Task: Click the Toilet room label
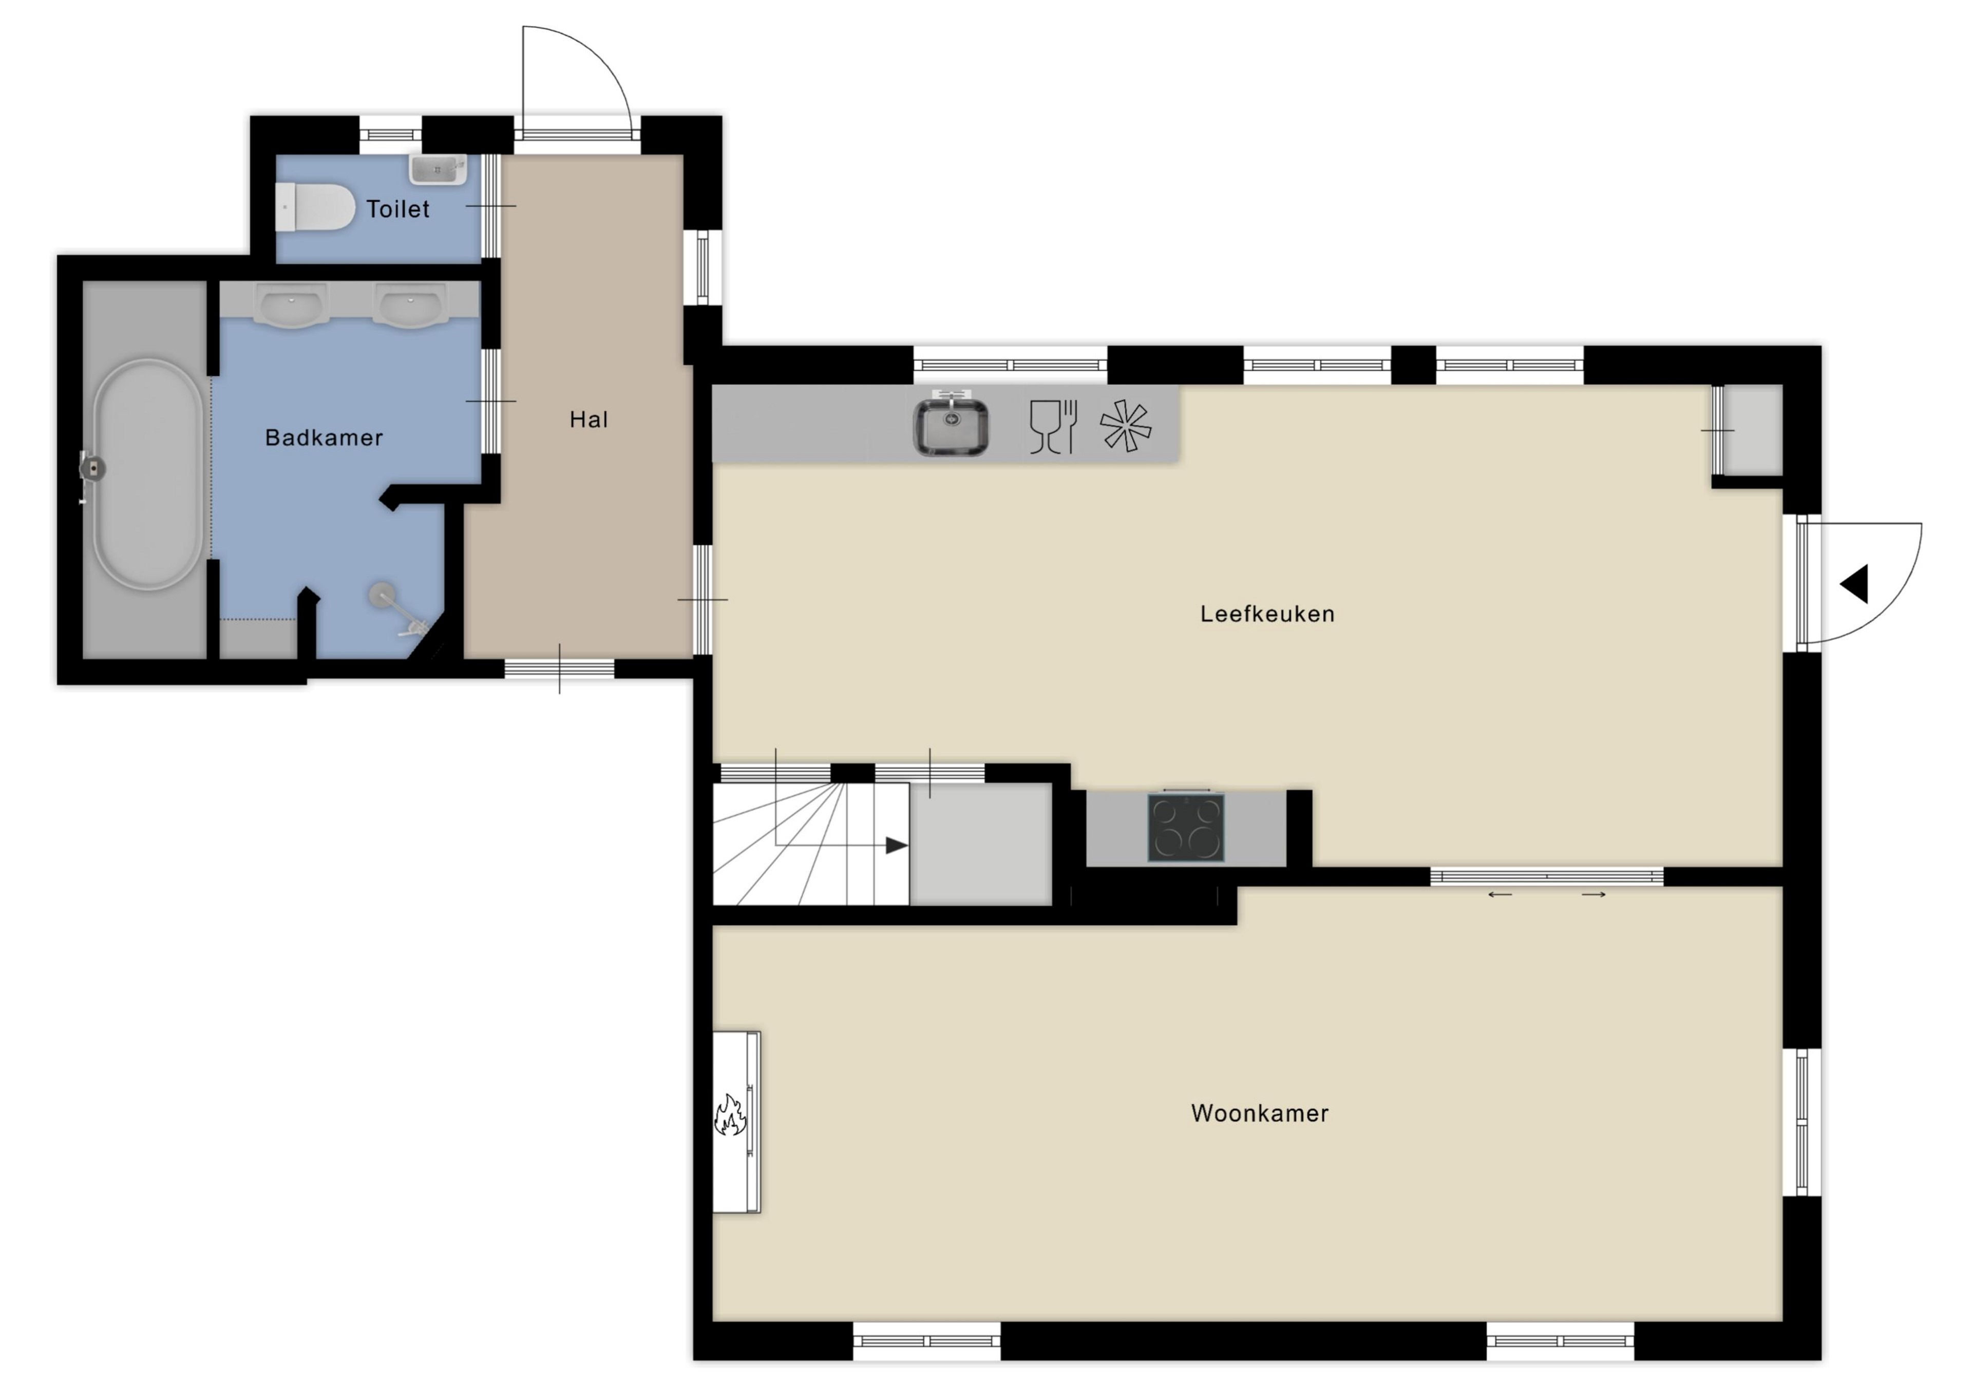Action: tap(397, 208)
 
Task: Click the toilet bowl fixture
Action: tap(315, 208)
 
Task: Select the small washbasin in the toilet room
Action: tap(438, 169)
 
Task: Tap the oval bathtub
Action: tap(148, 474)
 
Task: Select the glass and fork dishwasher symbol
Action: tap(1053, 426)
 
